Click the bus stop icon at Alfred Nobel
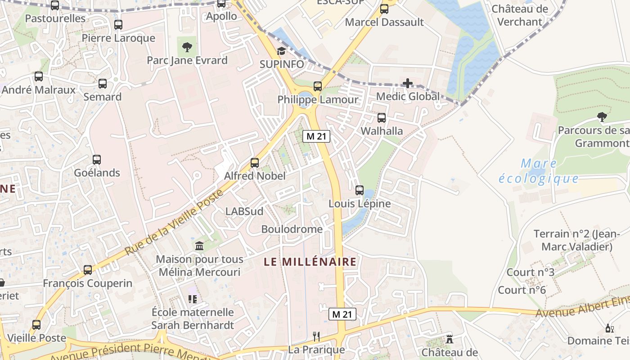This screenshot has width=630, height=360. pyautogui.click(x=255, y=162)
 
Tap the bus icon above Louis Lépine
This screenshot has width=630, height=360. pyautogui.click(x=359, y=190)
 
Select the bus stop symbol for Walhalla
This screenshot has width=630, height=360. pyautogui.click(x=381, y=118)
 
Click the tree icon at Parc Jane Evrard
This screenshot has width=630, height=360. pyautogui.click(x=187, y=46)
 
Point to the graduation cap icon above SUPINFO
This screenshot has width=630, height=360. pyautogui.click(x=281, y=51)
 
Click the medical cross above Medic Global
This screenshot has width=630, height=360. pyautogui.click(x=408, y=83)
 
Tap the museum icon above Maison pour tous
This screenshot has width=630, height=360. pyautogui.click(x=199, y=246)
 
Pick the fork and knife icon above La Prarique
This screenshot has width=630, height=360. pyautogui.click(x=316, y=336)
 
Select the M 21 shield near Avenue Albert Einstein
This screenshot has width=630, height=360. pyautogui.click(x=342, y=314)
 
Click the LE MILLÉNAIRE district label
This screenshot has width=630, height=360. pyautogui.click(x=310, y=261)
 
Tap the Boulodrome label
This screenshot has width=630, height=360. pyautogui.click(x=292, y=229)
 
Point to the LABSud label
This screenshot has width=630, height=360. pyautogui.click(x=244, y=211)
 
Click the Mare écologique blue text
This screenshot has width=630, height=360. pyautogui.click(x=539, y=171)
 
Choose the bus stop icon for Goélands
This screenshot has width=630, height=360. pyautogui.click(x=96, y=159)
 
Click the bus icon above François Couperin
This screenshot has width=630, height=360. pyautogui.click(x=88, y=270)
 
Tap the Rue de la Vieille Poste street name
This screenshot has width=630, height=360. pyautogui.click(x=175, y=222)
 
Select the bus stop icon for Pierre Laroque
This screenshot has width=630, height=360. pyautogui.click(x=118, y=25)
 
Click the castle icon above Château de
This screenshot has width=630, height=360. pyautogui.click(x=449, y=339)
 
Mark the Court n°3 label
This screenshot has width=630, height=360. pyautogui.click(x=531, y=272)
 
